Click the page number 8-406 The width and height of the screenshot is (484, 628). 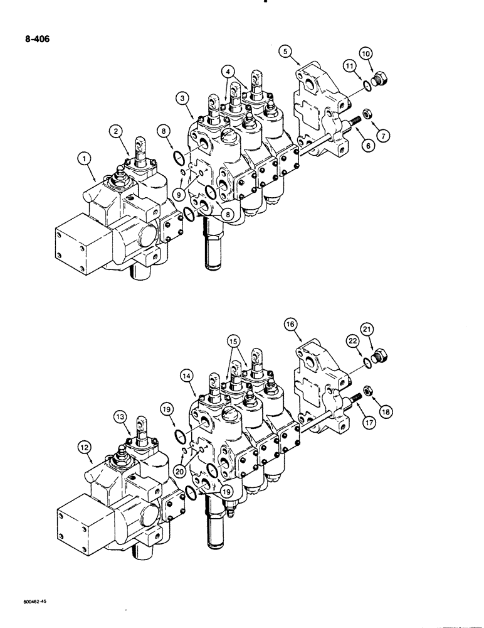[31, 38]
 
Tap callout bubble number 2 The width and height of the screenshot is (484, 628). [116, 131]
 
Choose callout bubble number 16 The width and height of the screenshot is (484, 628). [290, 325]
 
